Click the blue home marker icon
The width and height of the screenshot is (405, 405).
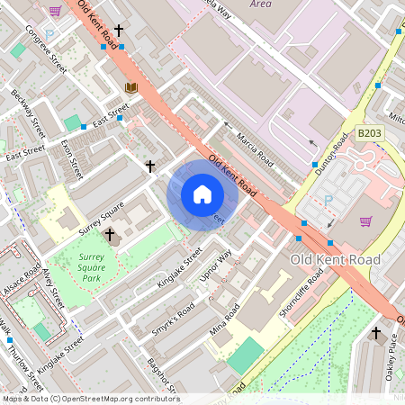(x=202, y=194)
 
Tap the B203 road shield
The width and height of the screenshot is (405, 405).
(x=367, y=133)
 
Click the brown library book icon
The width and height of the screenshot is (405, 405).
(x=131, y=87)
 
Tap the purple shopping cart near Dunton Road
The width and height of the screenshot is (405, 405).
(x=365, y=221)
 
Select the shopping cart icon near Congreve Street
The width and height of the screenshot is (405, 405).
(x=55, y=11)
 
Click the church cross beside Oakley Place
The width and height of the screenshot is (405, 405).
(x=376, y=333)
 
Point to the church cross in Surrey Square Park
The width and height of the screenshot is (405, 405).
(x=110, y=235)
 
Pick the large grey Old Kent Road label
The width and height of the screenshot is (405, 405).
(x=336, y=259)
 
